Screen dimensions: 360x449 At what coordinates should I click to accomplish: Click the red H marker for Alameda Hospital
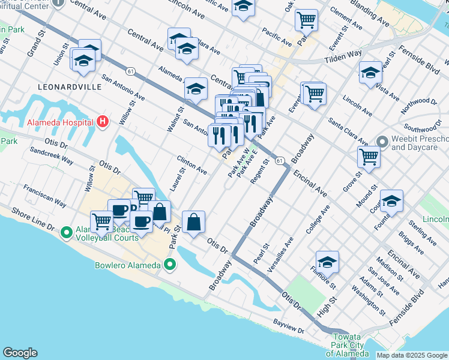pyautogui.click(x=103, y=122)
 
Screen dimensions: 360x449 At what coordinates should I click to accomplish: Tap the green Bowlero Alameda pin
pyautogui.click(x=170, y=265)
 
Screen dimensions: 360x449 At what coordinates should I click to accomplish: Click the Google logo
pyautogui.click(x=20, y=353)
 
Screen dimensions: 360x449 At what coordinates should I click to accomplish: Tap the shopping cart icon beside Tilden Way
pyautogui.click(x=306, y=20)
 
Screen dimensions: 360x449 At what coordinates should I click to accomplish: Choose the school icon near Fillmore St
pyautogui.click(x=327, y=262)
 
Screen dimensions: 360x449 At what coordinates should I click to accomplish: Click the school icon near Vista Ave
pyautogui.click(x=370, y=73)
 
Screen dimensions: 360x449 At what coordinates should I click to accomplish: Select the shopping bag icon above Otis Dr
pyautogui.click(x=194, y=222)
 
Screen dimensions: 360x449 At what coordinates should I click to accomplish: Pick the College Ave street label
pyautogui.click(x=318, y=220)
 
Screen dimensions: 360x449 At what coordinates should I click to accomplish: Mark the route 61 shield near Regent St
pyautogui.click(x=280, y=161)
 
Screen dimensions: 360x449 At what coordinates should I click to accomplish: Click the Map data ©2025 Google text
pyautogui.click(x=412, y=355)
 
